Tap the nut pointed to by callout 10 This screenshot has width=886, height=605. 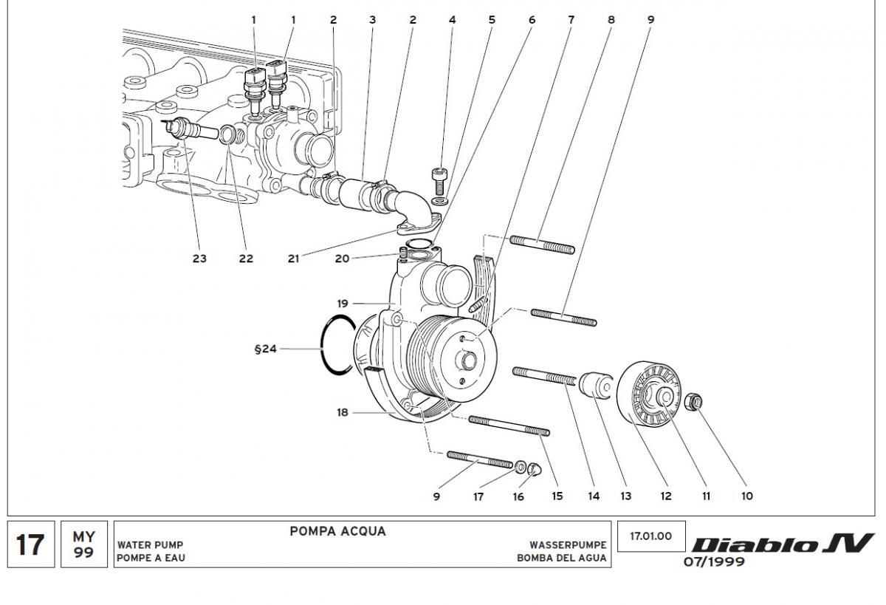click(x=694, y=403)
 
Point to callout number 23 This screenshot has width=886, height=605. click(x=199, y=259)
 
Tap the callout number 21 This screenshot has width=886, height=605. click(x=294, y=259)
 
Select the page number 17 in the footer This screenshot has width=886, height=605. click(x=30, y=544)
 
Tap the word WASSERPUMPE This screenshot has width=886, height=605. click(x=568, y=545)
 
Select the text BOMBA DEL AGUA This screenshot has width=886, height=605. click(x=562, y=558)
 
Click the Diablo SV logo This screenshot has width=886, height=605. click(x=782, y=544)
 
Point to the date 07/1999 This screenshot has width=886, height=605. click(x=714, y=562)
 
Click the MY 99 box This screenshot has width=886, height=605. click(x=83, y=544)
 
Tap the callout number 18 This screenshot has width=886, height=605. click(x=343, y=413)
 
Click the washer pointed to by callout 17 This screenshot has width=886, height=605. click(x=521, y=466)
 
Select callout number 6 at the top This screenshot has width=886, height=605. click(x=531, y=20)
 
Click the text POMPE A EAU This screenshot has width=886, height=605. click(x=151, y=558)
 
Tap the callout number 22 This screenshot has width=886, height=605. click(x=246, y=259)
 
